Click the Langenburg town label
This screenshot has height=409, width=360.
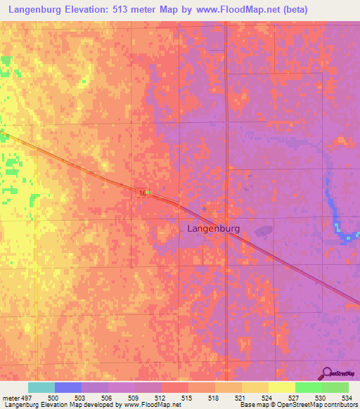[x=214, y=228]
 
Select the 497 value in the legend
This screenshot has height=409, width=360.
[x=23, y=398]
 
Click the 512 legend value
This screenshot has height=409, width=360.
[x=161, y=398]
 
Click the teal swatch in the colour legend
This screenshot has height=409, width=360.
[x=41, y=387]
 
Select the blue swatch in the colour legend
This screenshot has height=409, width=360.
[x=68, y=387]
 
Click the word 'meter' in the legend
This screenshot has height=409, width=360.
[x=9, y=398]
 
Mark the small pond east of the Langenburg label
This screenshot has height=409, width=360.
[x=263, y=231]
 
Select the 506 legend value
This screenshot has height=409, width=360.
[x=108, y=398]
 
